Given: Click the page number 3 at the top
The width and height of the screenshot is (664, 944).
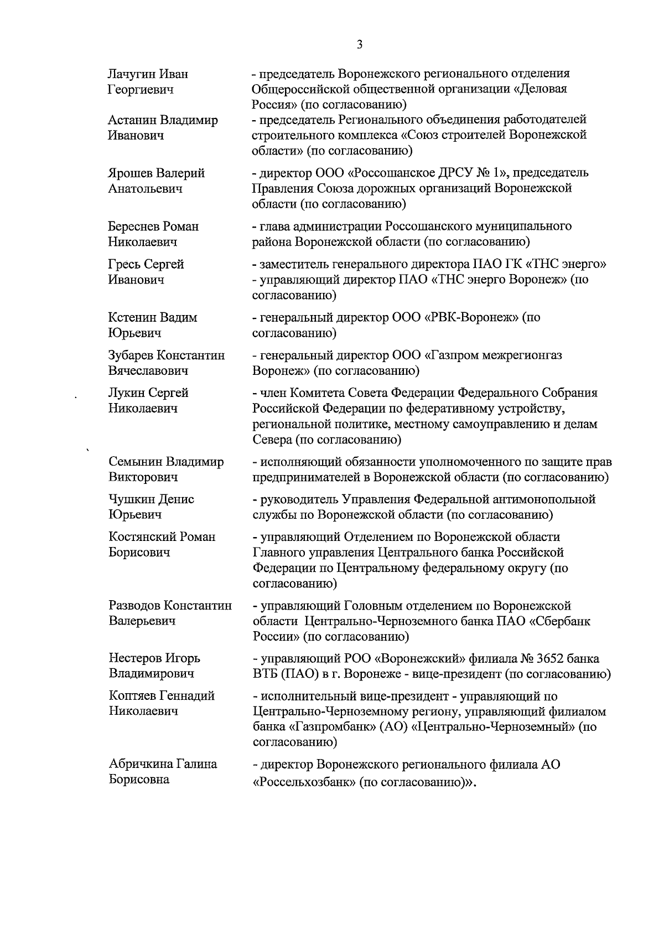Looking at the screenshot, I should coord(360,45).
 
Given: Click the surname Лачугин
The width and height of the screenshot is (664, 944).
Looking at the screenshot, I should coord(132,74).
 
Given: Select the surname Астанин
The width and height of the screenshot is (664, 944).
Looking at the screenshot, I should coord(132,120).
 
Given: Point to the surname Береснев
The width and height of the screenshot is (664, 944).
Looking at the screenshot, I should coord(134,226).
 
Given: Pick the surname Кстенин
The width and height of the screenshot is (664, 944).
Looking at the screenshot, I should coord(132,318).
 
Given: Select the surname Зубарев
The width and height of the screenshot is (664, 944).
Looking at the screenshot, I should coord(132,355).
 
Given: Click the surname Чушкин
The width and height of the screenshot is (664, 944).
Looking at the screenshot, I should coord(131,499).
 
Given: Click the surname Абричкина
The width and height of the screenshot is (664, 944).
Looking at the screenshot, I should coord(141,765).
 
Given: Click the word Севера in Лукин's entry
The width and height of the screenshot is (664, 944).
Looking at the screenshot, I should coord(272,440).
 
